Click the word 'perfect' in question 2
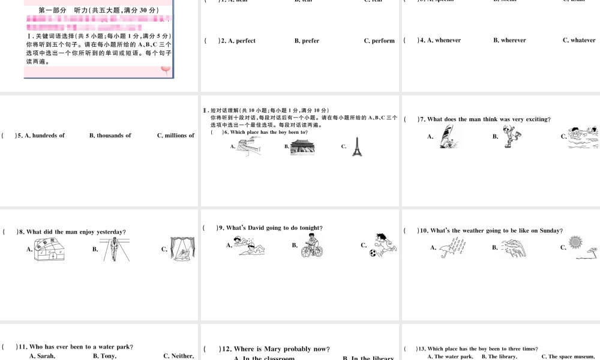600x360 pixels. (x=245, y=41)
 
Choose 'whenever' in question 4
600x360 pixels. (x=448, y=40)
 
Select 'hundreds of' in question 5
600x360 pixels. (x=48, y=136)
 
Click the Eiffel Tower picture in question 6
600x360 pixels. (x=358, y=146)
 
